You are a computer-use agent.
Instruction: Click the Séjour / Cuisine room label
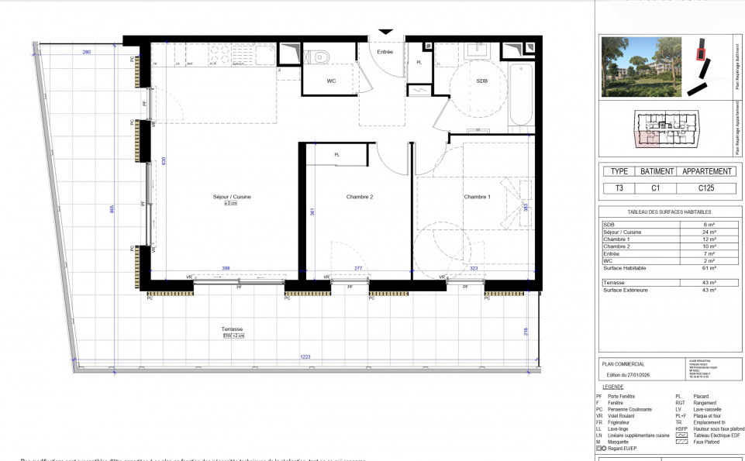point(232,197)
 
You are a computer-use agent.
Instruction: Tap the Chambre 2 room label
point(360,197)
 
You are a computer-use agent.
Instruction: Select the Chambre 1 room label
point(478,197)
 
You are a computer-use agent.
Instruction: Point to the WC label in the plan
point(331,81)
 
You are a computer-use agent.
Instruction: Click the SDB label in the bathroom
point(482,81)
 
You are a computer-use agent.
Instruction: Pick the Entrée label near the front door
point(385,52)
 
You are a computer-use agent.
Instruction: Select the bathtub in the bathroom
point(521,94)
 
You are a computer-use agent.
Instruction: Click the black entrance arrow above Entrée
point(385,32)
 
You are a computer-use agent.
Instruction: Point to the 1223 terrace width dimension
point(305,357)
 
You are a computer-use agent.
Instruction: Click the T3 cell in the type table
point(619,188)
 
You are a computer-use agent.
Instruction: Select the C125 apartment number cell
point(705,188)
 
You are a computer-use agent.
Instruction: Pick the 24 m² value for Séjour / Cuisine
point(709,232)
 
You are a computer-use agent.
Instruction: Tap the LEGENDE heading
point(612,386)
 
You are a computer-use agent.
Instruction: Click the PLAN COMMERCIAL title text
point(623,363)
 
